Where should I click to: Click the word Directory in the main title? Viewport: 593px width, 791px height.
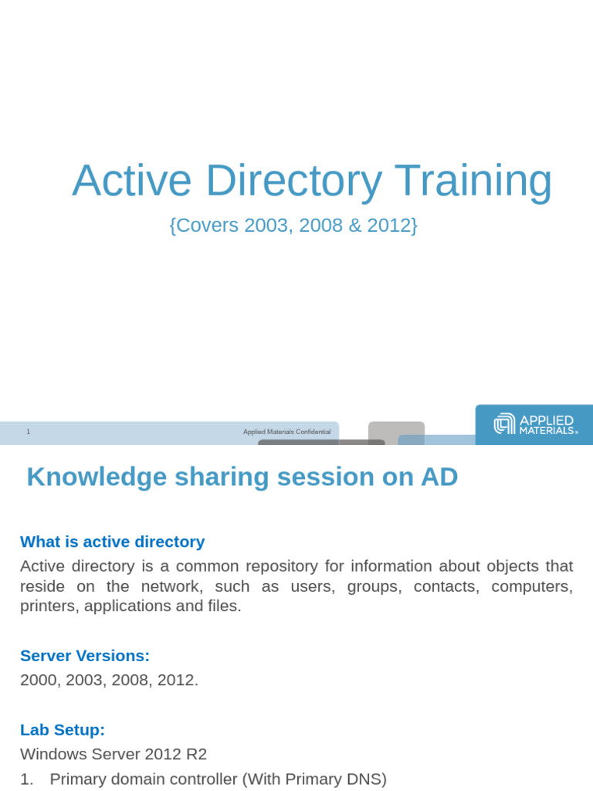coord(293,181)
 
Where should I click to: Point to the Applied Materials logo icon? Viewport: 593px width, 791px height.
coord(504,423)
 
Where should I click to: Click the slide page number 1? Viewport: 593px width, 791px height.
coord(29,432)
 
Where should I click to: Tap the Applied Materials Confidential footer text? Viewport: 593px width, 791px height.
coord(286,432)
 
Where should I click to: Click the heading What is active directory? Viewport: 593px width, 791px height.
coord(112,541)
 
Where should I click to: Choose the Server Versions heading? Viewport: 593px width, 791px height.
coord(84,656)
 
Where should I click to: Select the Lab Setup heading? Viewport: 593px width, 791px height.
coord(62,730)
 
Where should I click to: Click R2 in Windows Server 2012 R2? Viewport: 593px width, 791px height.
coord(197,754)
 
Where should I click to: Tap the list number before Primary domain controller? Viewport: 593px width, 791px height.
coord(26,779)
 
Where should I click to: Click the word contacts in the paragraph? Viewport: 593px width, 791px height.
coord(446,586)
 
